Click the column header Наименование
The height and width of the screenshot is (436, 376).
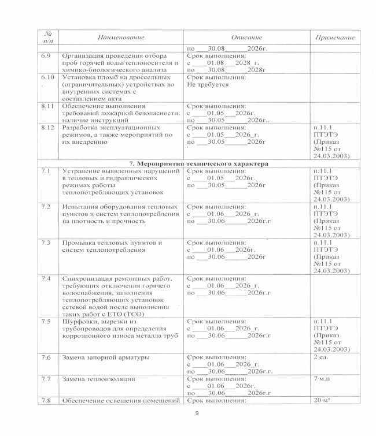[121, 37]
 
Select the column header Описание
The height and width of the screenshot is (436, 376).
[246, 37]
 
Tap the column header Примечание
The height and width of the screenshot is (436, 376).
[334, 37]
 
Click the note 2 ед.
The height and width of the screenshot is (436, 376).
[322, 357]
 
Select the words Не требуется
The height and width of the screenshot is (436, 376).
[208, 84]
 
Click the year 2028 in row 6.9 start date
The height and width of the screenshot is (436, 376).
[242, 62]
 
